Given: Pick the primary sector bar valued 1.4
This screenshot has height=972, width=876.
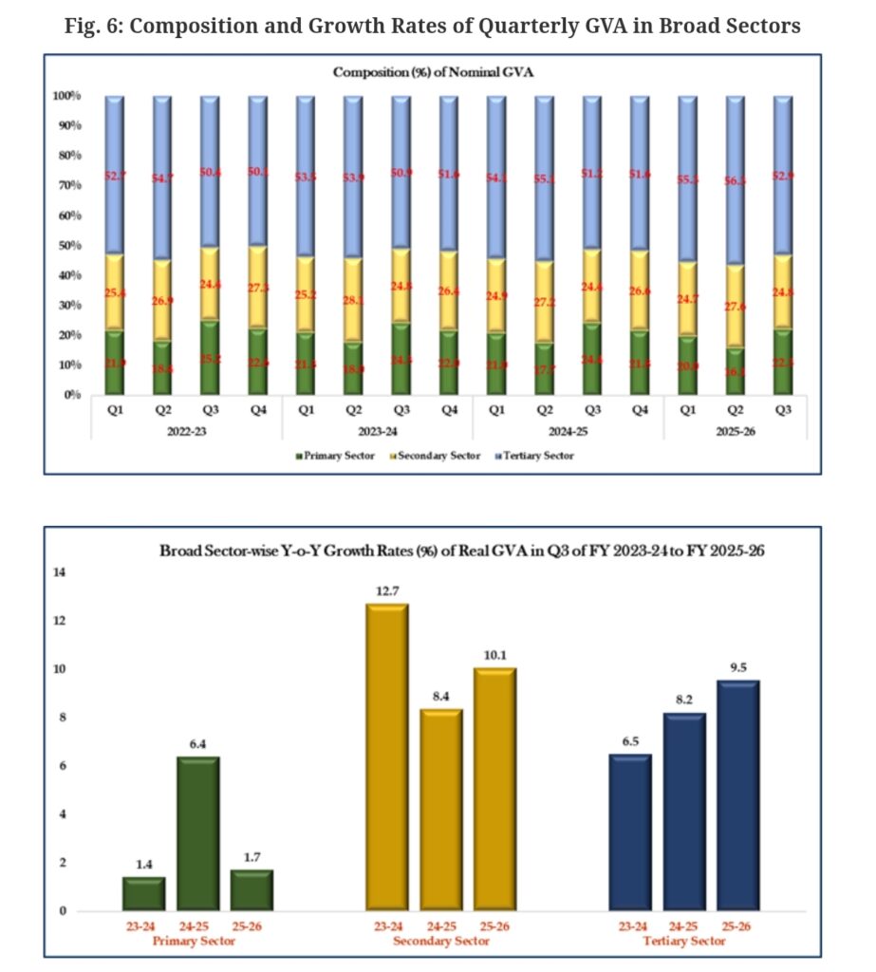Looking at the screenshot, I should tap(144, 893).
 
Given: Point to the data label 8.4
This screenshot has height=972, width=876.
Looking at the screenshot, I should tap(441, 696).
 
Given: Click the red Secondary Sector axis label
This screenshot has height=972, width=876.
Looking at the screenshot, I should tap(441, 941).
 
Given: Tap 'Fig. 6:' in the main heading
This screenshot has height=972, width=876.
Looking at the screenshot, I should tap(94, 26).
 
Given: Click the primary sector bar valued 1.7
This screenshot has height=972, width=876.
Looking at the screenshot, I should tap(252, 889).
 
